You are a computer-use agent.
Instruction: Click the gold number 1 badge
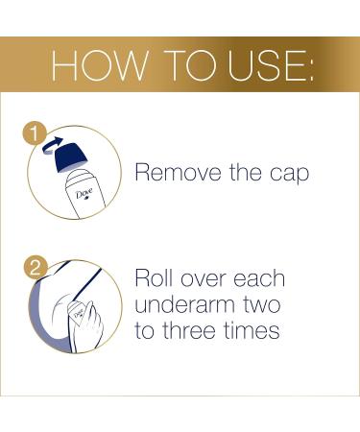coord(35,135)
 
